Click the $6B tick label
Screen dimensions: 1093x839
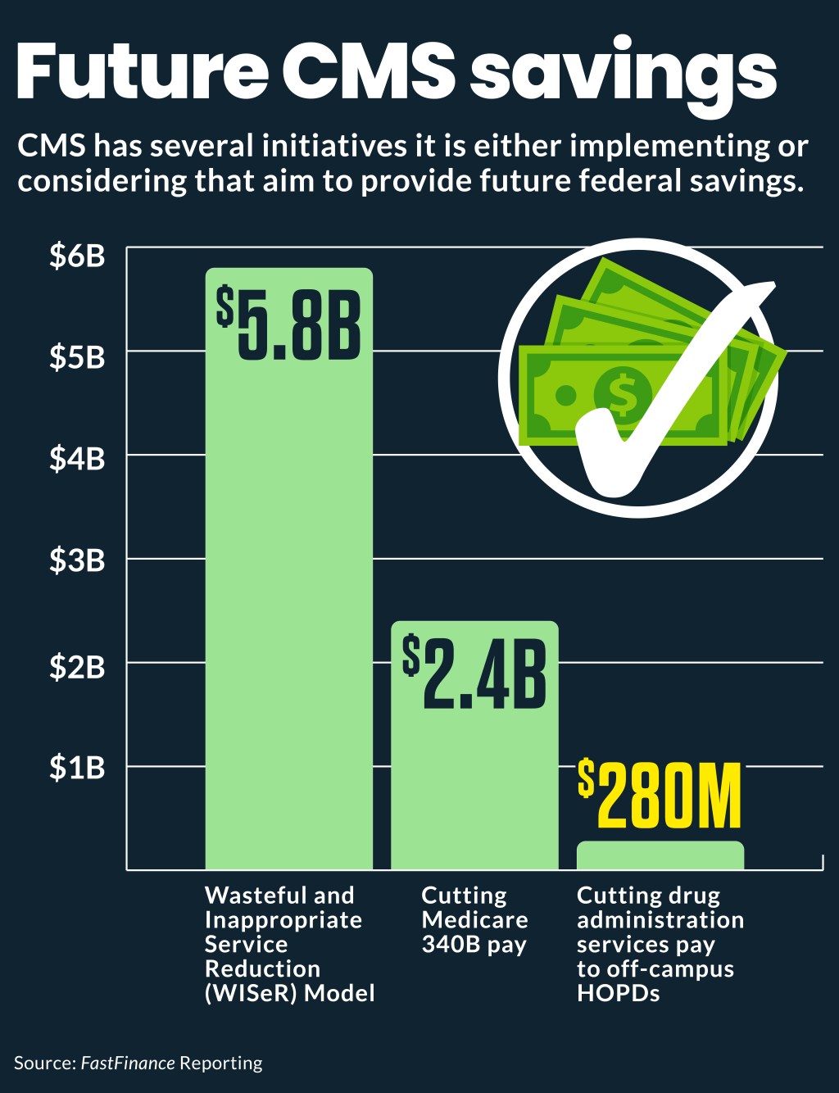point(77,256)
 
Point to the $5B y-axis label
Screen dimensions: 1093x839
point(77,357)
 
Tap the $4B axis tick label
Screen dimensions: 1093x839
point(77,459)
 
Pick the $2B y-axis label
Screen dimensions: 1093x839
point(77,667)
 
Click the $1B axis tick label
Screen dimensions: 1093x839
point(77,768)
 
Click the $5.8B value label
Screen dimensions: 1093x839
point(288,323)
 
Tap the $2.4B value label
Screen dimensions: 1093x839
point(474,673)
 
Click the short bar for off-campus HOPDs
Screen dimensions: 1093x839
point(660,855)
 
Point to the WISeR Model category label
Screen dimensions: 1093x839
point(289,944)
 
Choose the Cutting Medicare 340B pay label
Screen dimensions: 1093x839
point(474,919)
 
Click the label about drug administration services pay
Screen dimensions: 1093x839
point(660,944)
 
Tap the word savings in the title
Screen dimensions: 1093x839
point(624,72)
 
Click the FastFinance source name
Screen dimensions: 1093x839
point(128,1063)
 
